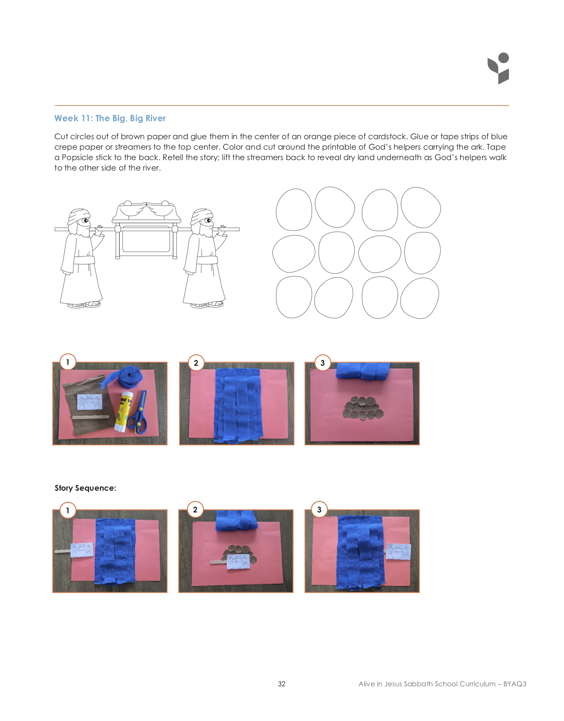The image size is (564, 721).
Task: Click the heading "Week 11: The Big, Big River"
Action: click(110, 118)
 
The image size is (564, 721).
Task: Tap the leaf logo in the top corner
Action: click(498, 68)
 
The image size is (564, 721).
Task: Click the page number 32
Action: click(282, 684)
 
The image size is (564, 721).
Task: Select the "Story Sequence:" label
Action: click(85, 488)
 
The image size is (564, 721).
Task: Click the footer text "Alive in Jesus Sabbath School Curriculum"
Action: click(427, 684)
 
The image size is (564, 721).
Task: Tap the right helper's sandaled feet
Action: click(207, 304)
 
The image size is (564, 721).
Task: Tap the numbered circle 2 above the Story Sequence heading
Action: click(196, 363)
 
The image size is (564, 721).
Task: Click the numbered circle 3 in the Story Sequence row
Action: click(319, 510)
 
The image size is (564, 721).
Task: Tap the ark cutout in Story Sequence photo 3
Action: click(398, 551)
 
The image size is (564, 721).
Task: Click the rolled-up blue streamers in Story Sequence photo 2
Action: click(236, 521)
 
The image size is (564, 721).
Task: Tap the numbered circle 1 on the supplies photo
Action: click(68, 362)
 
